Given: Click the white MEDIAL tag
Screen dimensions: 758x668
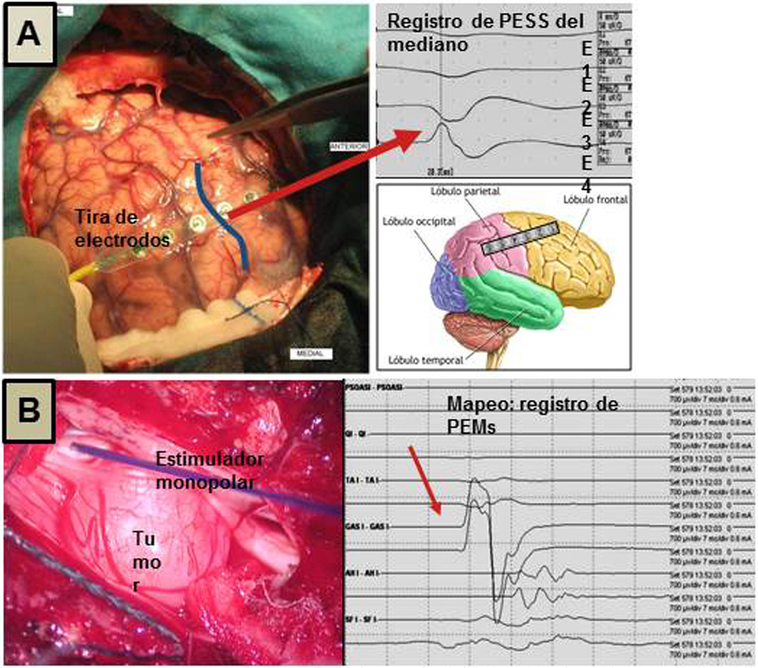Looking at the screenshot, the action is (x=311, y=354).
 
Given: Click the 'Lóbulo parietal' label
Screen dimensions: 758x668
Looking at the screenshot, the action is (x=465, y=192).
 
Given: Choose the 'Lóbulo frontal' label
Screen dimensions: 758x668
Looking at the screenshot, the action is (x=595, y=200).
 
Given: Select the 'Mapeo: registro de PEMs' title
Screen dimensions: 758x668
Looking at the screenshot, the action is (x=532, y=416).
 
